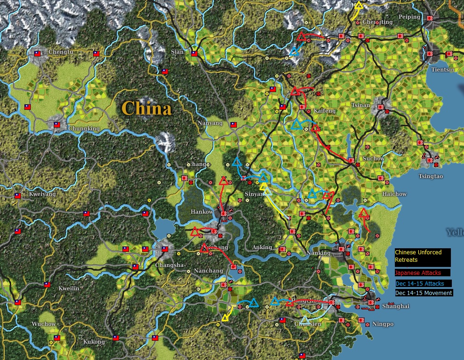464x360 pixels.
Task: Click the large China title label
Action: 146,108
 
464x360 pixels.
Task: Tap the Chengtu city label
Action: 61,52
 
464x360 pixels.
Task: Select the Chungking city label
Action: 84,129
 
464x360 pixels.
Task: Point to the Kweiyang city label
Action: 42,194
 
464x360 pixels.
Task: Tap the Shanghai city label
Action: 395,306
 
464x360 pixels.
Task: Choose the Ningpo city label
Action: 383,324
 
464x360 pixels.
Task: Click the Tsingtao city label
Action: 431,177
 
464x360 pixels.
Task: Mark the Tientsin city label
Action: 443,70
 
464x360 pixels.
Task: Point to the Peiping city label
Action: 409,17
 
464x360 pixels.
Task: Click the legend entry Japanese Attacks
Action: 418,273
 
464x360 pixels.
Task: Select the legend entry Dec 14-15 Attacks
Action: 419,283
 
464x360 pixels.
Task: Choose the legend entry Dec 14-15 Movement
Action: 423,293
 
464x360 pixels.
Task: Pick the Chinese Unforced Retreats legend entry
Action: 418,255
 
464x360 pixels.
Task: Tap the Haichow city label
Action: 394,194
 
